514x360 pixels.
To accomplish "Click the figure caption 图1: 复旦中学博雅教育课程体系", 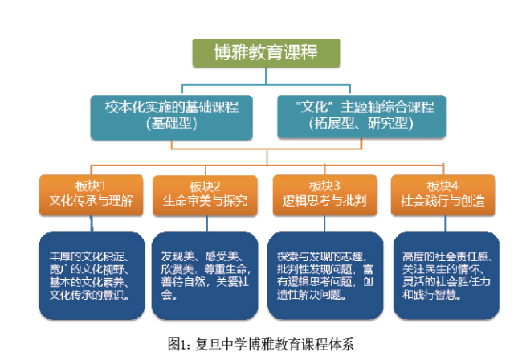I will (x=261, y=344).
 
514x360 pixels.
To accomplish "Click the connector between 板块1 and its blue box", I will (x=92, y=224).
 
